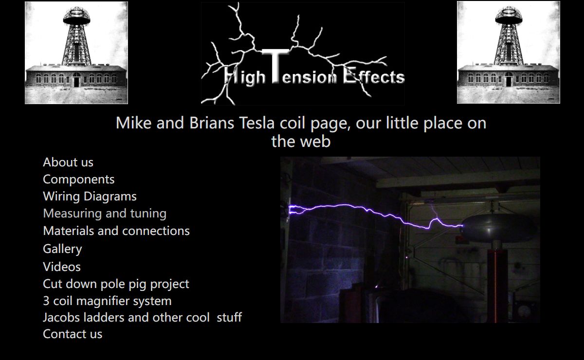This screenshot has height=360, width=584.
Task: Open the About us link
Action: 68,162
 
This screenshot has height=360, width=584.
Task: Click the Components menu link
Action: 79,180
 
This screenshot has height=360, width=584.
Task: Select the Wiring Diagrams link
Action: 90,197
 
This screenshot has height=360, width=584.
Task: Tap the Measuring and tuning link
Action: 105,214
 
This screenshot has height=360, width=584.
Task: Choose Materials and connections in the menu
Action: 116,231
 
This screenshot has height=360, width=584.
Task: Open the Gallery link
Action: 63,249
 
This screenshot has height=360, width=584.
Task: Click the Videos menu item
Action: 62,267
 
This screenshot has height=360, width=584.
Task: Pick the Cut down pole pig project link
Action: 116,284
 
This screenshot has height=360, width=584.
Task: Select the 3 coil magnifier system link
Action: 107,301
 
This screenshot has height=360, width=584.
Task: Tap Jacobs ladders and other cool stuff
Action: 142,318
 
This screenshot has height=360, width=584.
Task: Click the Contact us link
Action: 73,334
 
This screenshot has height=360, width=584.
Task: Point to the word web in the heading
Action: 315,142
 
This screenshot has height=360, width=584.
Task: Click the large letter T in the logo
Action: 275,66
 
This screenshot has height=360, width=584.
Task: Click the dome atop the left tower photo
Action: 77,16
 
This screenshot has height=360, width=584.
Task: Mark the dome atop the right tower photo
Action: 509,16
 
